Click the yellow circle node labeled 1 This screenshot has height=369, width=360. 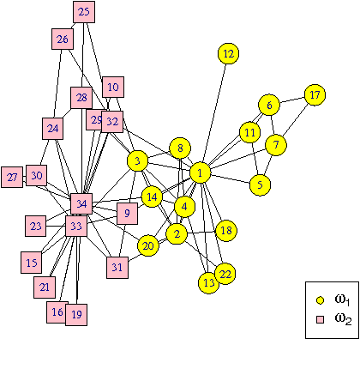tap(200, 173)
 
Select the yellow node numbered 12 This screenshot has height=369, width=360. tap(227, 54)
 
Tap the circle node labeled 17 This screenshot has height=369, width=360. tap(315, 94)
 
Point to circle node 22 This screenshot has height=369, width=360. tap(225, 274)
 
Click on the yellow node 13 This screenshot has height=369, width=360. tap(207, 281)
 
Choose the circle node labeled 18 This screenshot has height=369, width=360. tap(225, 230)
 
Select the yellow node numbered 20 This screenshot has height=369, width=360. tap(148, 245)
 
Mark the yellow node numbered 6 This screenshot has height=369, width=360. tap(268, 105)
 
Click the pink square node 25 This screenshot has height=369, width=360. tap(83, 12)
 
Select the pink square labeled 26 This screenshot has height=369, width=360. tap(63, 39)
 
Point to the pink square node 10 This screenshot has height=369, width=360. tap(113, 87)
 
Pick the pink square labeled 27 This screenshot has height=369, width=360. tap(12, 178)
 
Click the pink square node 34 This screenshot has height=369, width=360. tap(81, 204)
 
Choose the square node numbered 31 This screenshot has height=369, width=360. tap(117, 267)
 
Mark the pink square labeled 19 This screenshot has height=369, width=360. tap(77, 314)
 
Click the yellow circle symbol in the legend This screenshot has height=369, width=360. tap(320, 300)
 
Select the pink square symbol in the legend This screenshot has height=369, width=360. tap(320, 319)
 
